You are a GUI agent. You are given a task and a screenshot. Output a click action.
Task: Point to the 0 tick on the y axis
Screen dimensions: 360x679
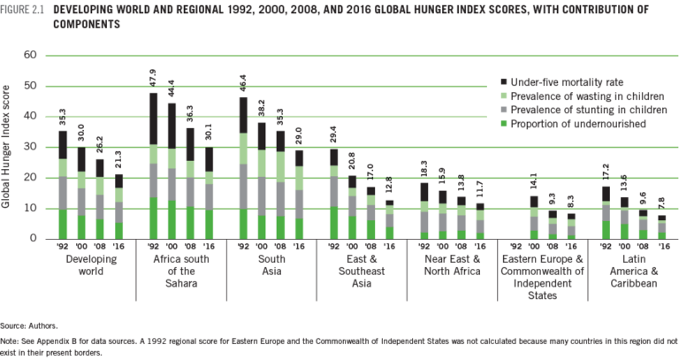pos(32,239)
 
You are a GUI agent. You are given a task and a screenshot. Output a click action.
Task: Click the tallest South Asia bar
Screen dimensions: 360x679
pos(243,167)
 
